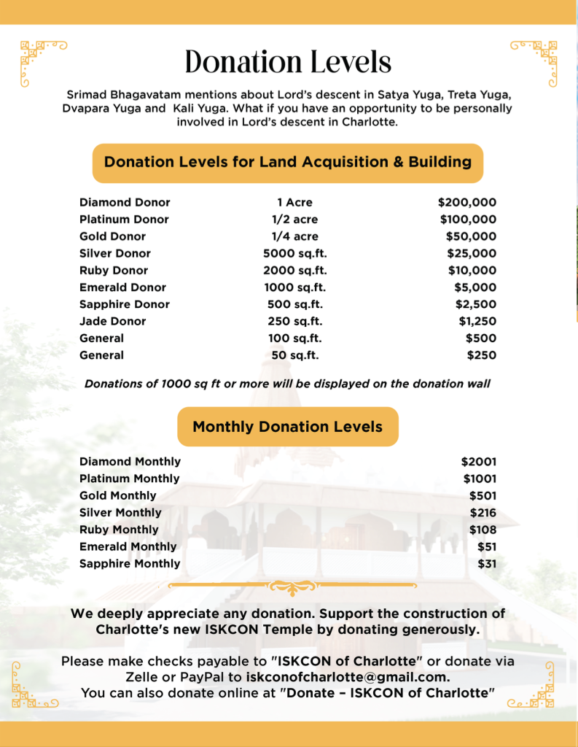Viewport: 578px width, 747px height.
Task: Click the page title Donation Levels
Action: [288, 62]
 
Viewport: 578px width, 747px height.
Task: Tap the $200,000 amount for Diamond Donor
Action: [466, 202]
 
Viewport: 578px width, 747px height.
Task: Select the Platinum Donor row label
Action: [124, 219]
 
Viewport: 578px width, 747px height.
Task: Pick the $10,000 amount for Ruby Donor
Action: [472, 270]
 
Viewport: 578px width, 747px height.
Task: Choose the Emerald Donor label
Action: [122, 287]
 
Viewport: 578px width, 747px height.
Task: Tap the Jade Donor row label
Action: [112, 321]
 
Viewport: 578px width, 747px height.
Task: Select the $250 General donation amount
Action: [481, 355]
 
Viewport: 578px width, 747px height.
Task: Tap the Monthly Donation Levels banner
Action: [288, 427]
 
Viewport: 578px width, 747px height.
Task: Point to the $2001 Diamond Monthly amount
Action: [478, 462]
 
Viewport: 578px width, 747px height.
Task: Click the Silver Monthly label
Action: [120, 513]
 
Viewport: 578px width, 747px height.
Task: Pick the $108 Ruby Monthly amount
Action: [483, 530]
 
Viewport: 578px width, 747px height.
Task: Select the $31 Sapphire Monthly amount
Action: [486, 564]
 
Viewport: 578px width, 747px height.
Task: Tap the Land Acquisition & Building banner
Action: [288, 162]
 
